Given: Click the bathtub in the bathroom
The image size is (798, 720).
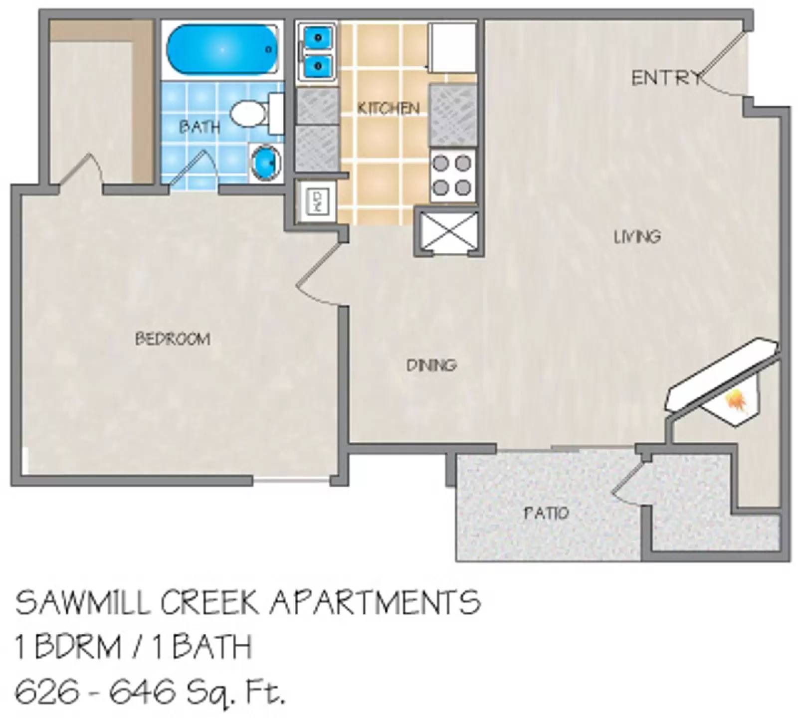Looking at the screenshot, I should pos(222,51).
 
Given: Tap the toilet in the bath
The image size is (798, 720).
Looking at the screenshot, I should pos(252,114).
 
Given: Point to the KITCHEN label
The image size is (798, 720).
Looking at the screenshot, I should pos(389,108).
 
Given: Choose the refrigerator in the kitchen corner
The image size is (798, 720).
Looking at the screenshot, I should pos(452,47).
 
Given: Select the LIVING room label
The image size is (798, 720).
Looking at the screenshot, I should pos(637,236).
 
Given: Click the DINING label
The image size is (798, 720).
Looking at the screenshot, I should pos(431,365).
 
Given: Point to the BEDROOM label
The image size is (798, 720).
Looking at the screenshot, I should pos(173,339).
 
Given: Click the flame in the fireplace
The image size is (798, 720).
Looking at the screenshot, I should pos(736,400).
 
